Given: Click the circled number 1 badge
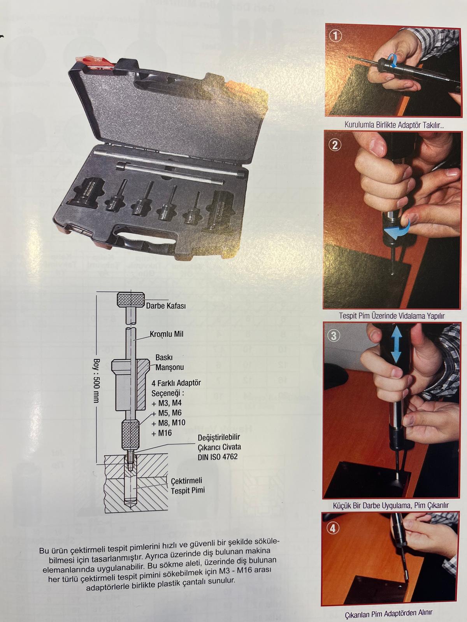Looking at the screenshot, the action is pos(336,36).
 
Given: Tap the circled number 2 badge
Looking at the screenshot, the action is pos(335,145).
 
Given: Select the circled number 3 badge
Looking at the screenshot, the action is pos(334,336).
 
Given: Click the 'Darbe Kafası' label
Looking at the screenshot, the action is pos(166,306).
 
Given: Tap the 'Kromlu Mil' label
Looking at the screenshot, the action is pos(167,334).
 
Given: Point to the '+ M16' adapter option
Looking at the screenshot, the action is pos(162,433).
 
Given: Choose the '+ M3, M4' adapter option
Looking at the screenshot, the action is pos(167,403).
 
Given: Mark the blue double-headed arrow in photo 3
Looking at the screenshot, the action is pos(396,346).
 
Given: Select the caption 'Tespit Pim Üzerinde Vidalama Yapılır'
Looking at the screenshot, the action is pos(392,316).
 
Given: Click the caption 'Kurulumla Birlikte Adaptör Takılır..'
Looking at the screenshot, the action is pos(394,125).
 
